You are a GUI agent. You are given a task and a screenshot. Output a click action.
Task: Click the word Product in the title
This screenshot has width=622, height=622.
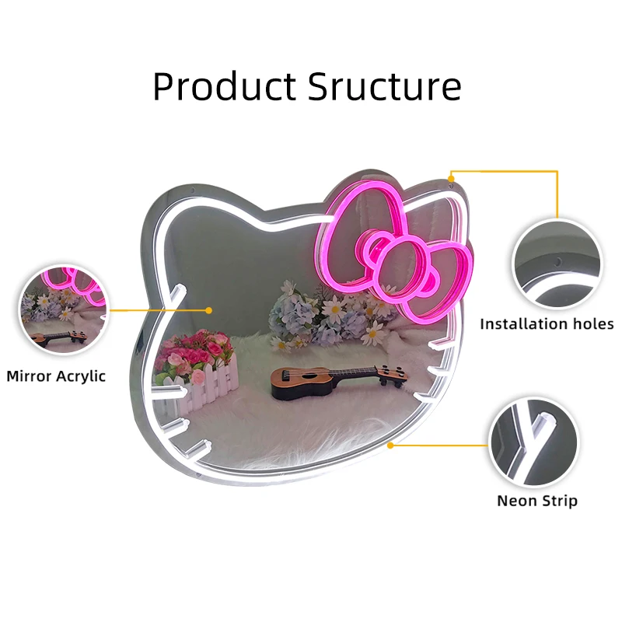pyautogui.click(x=223, y=86)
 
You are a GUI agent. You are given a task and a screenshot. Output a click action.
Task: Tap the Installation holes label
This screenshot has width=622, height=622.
pyautogui.click(x=546, y=324)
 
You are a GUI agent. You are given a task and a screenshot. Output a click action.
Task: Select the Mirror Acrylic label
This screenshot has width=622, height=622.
pyautogui.click(x=56, y=376)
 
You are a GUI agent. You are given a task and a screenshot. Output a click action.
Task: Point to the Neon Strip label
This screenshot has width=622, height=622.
pyautogui.click(x=537, y=501)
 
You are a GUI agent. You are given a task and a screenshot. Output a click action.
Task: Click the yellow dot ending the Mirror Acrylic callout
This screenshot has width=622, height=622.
pyautogui.click(x=209, y=309)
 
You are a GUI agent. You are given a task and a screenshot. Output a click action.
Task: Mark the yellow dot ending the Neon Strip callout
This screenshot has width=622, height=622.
pyautogui.click(x=390, y=446)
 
